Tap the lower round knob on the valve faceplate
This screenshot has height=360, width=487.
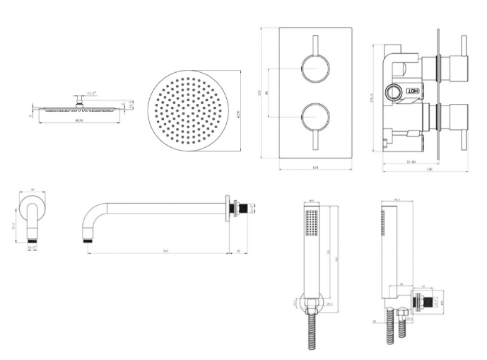(315, 115)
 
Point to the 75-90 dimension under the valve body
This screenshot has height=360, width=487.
(411, 162)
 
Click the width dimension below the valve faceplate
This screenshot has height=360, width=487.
(315, 168)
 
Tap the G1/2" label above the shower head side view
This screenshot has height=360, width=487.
(92, 93)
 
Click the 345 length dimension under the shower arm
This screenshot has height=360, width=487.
(165, 251)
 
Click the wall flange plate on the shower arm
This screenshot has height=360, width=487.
(228, 209)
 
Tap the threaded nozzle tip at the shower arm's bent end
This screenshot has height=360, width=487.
(88, 240)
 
